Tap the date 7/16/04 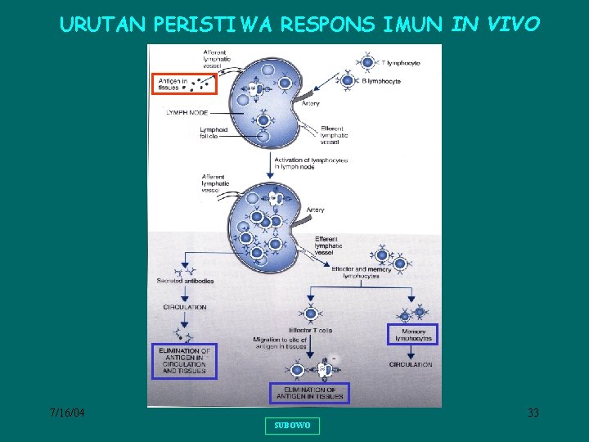[67, 413]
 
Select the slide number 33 [533, 413]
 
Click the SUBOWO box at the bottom [292, 426]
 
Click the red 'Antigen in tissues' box [183, 84]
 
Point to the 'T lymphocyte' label [398, 62]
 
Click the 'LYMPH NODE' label [187, 112]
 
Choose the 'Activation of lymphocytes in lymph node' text [311, 164]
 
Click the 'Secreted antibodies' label [185, 281]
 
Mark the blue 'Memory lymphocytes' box [412, 334]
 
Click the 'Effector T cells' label [310, 331]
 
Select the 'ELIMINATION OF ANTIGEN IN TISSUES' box [309, 394]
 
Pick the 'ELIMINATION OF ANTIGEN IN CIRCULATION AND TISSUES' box [185, 361]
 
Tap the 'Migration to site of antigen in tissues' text [281, 343]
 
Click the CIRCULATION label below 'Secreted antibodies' [185, 308]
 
